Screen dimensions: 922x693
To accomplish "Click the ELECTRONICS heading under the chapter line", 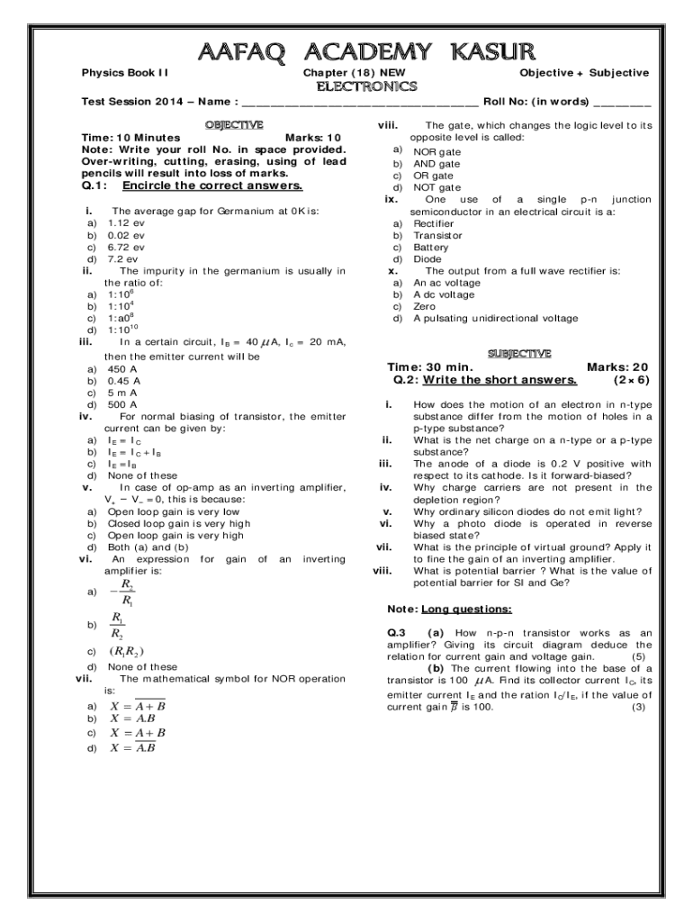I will (364, 86).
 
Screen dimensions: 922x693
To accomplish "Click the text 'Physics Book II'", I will (126, 72).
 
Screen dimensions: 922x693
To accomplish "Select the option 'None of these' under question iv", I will (142, 475).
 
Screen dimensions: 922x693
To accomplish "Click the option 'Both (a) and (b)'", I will (148, 547).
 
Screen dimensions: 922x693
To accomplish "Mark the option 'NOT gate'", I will (436, 187).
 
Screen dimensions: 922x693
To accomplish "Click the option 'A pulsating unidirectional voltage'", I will (496, 318).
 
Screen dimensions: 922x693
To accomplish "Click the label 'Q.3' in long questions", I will (397, 633).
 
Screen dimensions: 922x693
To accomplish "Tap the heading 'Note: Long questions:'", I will (449, 608).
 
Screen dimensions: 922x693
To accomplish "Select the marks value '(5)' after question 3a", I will (638, 656).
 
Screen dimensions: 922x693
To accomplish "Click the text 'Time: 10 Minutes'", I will (130, 138).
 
